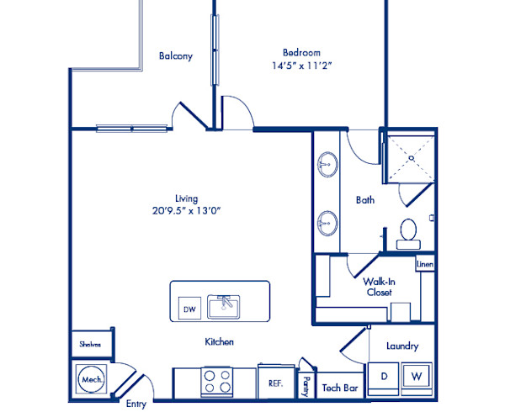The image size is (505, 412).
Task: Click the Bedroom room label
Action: point(301,52)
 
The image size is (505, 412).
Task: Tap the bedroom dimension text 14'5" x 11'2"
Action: point(302,66)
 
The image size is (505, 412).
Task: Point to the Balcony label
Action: point(176,56)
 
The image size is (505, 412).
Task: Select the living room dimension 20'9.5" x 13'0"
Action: point(187,211)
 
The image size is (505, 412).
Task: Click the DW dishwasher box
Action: point(189,308)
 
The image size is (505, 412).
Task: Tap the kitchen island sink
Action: point(224,307)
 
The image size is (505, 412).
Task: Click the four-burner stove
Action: point(217,382)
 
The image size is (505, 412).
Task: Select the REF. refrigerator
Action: point(276,382)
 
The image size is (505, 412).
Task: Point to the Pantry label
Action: point(306,386)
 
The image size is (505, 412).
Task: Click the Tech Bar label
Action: point(340,388)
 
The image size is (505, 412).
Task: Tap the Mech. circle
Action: point(92,379)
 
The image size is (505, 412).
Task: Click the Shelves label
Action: point(90,345)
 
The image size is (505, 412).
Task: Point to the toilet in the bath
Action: point(408,234)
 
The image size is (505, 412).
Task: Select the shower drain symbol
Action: point(412,158)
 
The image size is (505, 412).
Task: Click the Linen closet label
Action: point(425,264)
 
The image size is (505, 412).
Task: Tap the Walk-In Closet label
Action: point(379,287)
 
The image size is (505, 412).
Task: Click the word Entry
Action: point(136,404)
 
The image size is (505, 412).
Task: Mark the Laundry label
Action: point(402,346)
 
